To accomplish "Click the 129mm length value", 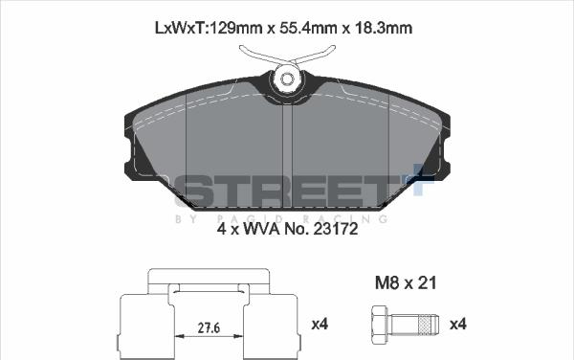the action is click(235, 28).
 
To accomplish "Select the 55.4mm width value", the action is click(307, 28).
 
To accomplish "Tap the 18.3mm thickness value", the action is click(384, 28).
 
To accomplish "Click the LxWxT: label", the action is click(182, 28).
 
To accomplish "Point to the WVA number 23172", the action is click(336, 229).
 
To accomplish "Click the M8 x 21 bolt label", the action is click(406, 282).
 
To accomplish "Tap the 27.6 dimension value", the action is click(209, 327).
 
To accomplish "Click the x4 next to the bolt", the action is click(458, 325).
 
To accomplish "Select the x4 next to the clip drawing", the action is click(320, 325).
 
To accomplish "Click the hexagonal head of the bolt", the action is click(380, 324).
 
